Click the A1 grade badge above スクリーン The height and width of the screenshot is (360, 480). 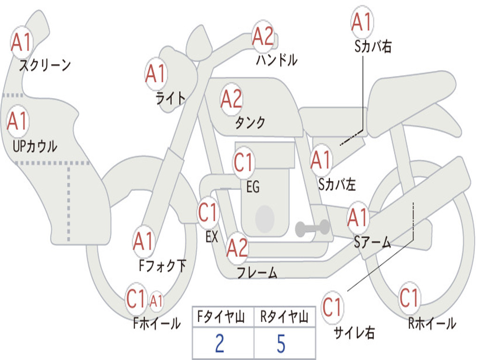tap(22, 42)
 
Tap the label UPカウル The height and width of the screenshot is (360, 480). tap(35, 146)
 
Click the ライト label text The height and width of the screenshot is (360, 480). tap(171, 98)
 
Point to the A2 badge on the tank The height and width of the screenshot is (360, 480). tap(231, 99)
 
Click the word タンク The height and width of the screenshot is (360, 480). tap(250, 122)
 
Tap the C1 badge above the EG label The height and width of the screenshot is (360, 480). tap(243, 162)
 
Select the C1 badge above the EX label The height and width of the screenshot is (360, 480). tap(208, 212)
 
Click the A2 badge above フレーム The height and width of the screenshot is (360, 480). tap(237, 247)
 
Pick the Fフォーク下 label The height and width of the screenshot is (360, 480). tap(162, 266)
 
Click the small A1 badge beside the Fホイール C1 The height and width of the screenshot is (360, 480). tap(156, 301)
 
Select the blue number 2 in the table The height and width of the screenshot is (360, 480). tap(219, 343)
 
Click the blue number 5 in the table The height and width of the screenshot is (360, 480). tap(281, 344)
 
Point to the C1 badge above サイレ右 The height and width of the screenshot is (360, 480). tap(332, 307)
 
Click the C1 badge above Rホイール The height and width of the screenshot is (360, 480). tap(409, 298)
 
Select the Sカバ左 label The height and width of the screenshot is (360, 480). tap(337, 185)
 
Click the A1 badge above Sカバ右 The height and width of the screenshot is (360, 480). tap(362, 22)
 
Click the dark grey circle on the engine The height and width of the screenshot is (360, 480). tap(265, 218)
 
